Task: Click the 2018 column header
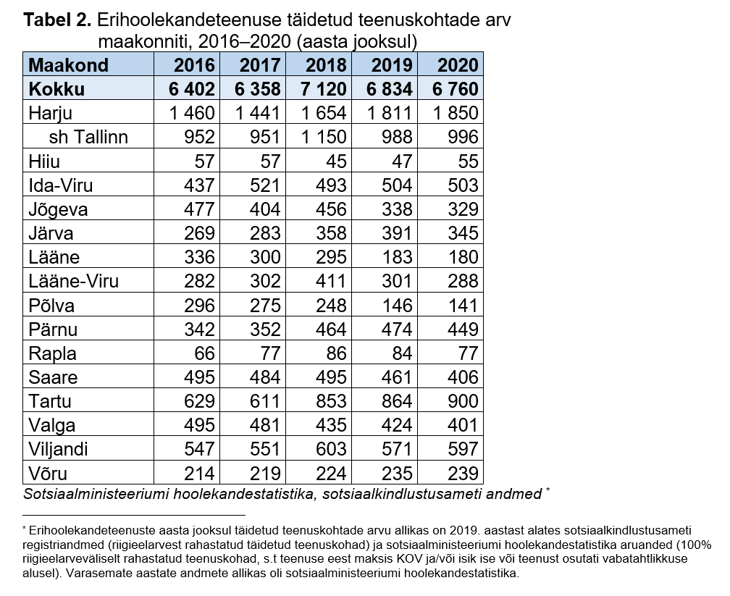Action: [326, 65]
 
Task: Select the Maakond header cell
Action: [68, 65]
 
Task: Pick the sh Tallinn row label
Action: [88, 137]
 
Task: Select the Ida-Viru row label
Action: [61, 185]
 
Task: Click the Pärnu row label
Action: [53, 330]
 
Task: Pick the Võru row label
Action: [49, 474]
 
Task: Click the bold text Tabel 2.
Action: [56, 20]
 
